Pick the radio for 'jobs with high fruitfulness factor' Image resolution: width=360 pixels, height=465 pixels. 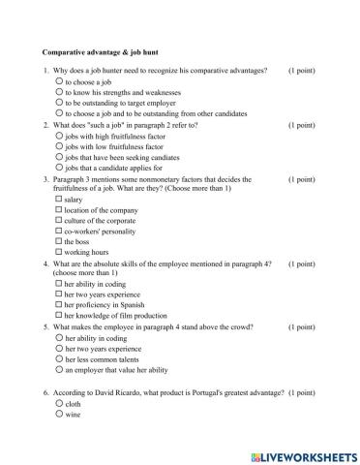pyautogui.click(x=60, y=136)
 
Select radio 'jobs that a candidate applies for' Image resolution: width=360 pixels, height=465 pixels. pyautogui.click(x=60, y=168)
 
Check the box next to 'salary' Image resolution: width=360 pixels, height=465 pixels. pyautogui.click(x=60, y=199)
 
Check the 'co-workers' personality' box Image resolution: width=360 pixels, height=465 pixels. pyautogui.click(x=60, y=232)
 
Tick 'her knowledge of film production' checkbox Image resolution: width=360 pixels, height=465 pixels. pyautogui.click(x=60, y=317)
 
